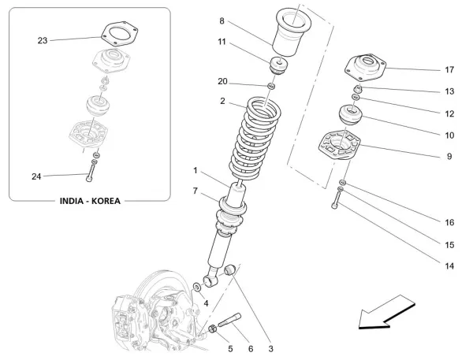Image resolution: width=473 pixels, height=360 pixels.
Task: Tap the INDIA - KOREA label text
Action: pyautogui.click(x=90, y=201)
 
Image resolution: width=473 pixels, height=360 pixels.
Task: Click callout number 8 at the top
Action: pyautogui.click(x=222, y=20)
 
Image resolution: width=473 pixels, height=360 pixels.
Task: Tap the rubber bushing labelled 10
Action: pyautogui.click(x=349, y=116)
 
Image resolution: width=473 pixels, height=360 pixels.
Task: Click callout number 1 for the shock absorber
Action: pyautogui.click(x=196, y=170)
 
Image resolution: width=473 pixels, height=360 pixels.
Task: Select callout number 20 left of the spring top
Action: pyautogui.click(x=222, y=81)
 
